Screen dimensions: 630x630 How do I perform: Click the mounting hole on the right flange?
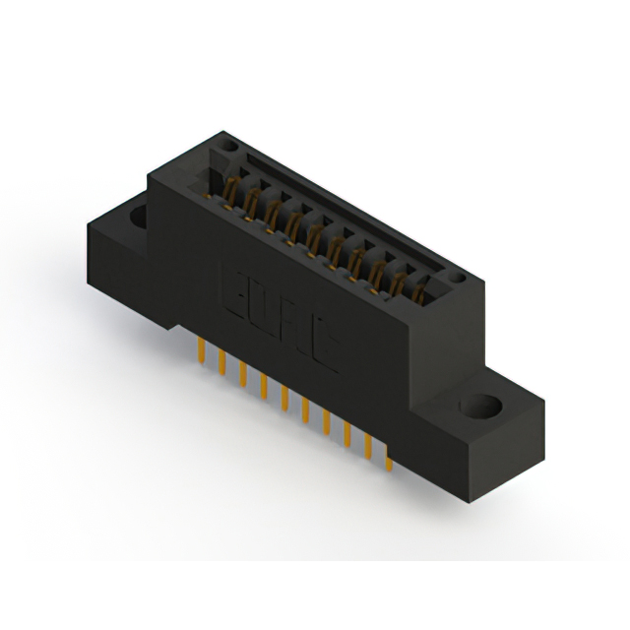pyautogui.click(x=481, y=406)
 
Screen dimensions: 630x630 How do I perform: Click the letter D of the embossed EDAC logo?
pyautogui.click(x=267, y=310)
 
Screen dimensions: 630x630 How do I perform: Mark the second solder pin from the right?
pyautogui.click(x=369, y=446)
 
